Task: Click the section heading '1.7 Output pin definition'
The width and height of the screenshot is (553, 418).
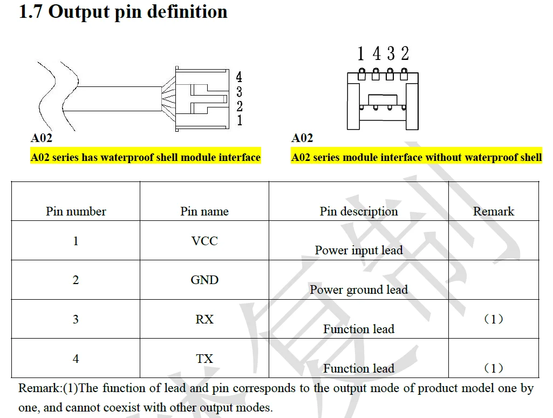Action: (123, 12)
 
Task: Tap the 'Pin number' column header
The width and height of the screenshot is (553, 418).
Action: (76, 211)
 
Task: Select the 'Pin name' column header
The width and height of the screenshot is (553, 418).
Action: (204, 211)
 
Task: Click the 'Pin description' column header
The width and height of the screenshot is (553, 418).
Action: (359, 212)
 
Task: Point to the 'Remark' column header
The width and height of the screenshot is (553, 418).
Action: (494, 211)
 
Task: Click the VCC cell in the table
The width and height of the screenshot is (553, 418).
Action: (204, 241)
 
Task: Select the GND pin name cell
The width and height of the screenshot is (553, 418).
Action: (204, 280)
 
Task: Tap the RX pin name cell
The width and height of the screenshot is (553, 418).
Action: (204, 319)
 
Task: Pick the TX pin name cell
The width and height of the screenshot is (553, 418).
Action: (204, 359)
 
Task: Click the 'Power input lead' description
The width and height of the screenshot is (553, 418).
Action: (359, 250)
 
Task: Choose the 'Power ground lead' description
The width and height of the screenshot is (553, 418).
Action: (359, 290)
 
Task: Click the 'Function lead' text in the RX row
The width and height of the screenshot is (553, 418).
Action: (359, 329)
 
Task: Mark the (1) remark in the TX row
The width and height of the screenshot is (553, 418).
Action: (494, 368)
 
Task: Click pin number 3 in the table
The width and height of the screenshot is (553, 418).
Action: (76, 319)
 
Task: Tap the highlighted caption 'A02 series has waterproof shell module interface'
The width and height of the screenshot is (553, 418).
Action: (146, 157)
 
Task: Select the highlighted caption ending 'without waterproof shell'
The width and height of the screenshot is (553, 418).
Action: (417, 157)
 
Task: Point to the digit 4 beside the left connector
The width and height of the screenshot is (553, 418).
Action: (239, 77)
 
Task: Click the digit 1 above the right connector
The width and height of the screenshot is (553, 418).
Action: (360, 53)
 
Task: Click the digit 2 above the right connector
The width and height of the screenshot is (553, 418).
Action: (405, 53)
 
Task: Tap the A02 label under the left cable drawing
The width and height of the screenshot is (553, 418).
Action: (41, 138)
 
